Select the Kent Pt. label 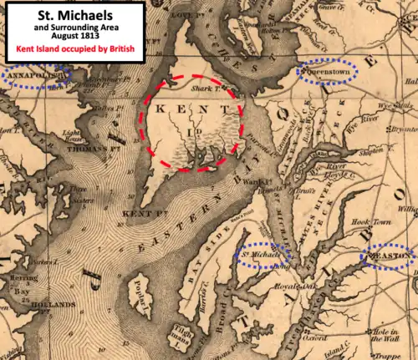click(x=139, y=215)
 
